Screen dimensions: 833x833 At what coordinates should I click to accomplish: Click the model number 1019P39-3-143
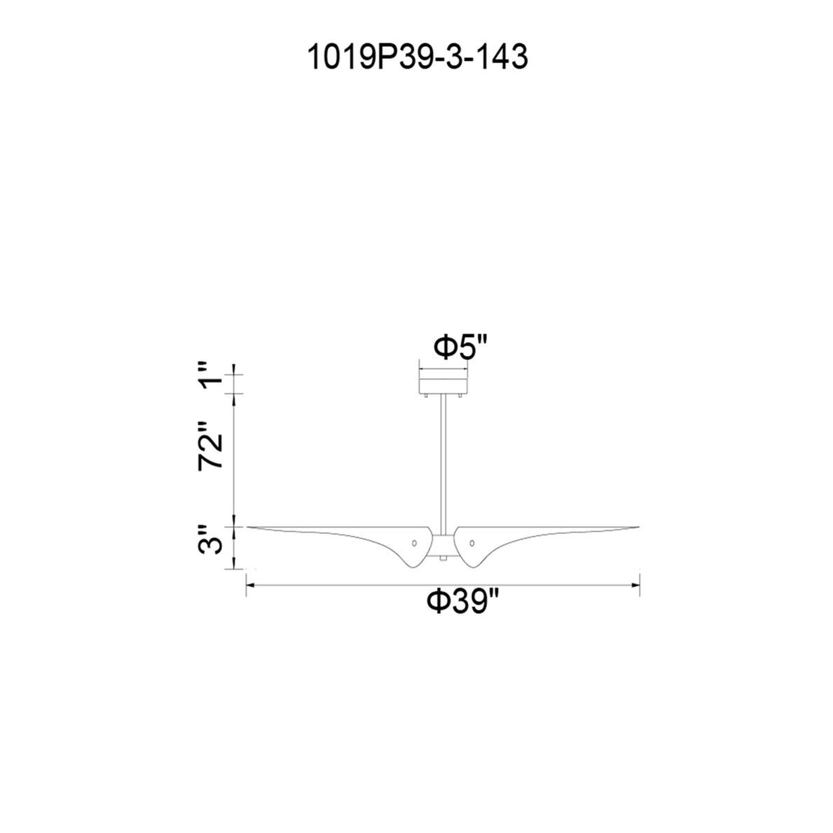coord(418,57)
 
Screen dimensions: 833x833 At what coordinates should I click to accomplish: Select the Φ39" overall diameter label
coord(464,602)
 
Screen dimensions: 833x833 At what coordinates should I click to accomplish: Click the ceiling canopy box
coord(443,385)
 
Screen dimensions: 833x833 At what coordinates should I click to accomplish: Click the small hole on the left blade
coord(414,543)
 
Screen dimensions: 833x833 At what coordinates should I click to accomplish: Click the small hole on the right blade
coord(471,543)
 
